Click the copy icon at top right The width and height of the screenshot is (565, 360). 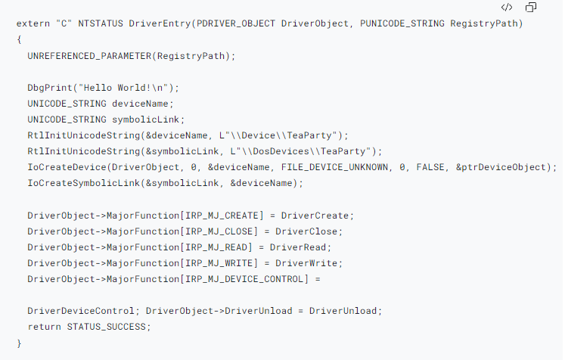(x=531, y=8)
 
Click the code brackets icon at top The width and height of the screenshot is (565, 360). (x=507, y=8)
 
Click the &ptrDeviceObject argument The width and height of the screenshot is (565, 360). (x=498, y=167)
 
